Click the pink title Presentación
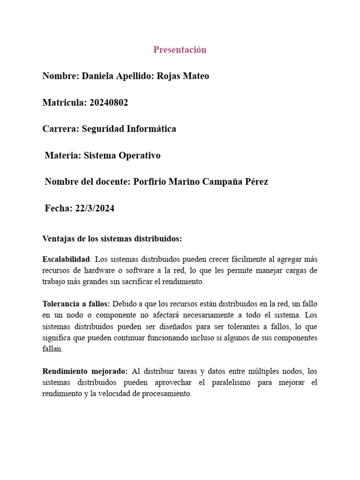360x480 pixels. [x=180, y=50]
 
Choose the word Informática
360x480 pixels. [x=152, y=129]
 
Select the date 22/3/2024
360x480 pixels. [x=94, y=209]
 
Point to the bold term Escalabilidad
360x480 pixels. [x=65, y=259]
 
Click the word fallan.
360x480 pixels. [x=52, y=349]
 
